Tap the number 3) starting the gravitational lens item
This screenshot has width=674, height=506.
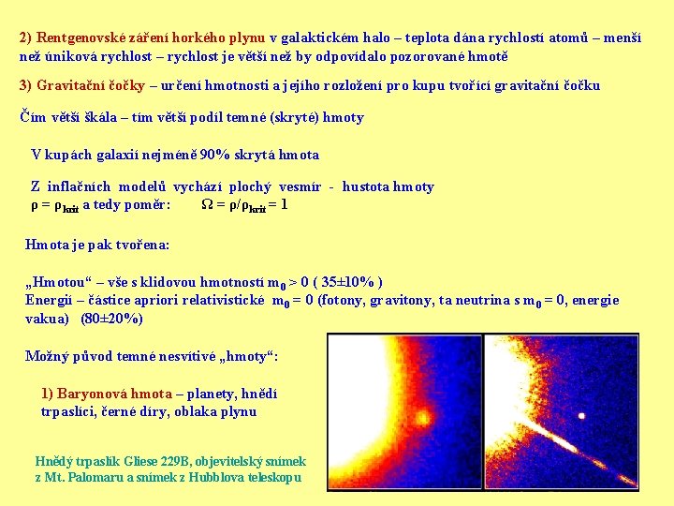click(x=27, y=86)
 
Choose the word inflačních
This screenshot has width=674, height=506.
click(x=91, y=187)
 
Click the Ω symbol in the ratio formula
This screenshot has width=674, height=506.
click(x=207, y=204)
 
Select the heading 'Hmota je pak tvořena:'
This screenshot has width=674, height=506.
click(x=97, y=245)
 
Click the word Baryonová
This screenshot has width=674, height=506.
click(x=93, y=394)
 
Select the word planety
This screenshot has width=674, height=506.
click(x=215, y=394)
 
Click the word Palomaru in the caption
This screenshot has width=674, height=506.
click(x=104, y=477)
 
